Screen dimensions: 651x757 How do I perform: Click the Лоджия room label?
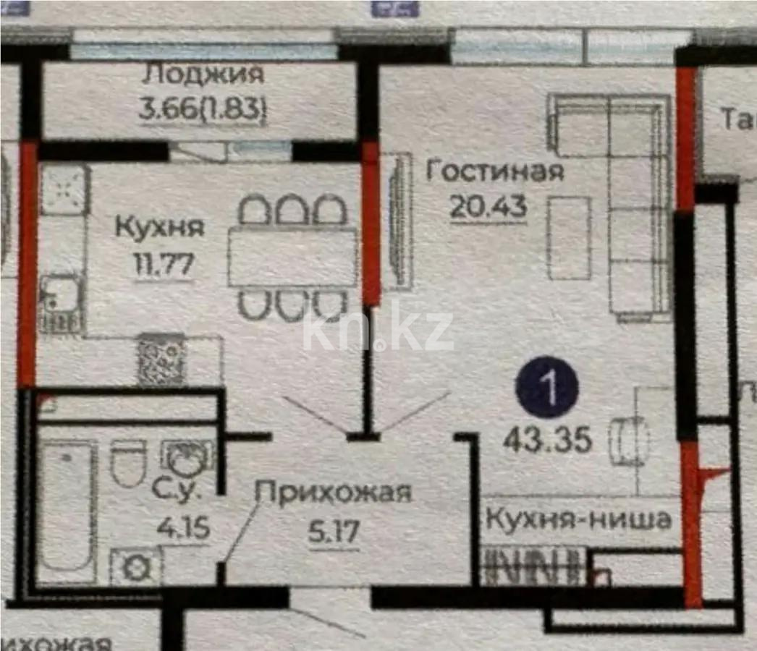point(203,75)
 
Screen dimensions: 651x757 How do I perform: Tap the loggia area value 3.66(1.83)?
point(203,110)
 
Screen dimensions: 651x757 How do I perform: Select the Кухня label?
point(160,227)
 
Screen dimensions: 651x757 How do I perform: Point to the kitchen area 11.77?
point(163,264)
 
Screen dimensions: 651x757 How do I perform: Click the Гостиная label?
point(494,172)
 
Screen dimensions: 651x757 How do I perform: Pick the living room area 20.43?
point(488,208)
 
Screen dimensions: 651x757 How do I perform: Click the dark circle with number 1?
point(547,390)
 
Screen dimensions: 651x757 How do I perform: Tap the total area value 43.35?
point(548,438)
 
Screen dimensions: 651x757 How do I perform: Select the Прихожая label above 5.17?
point(334,493)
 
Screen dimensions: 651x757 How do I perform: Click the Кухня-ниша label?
point(579,519)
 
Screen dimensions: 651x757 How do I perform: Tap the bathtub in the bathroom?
point(67,506)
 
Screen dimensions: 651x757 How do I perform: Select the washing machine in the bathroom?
point(135,566)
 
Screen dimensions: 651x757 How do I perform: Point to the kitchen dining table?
point(292,258)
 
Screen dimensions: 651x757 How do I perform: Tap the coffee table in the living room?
point(570,238)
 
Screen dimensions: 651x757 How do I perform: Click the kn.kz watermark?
point(378,331)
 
